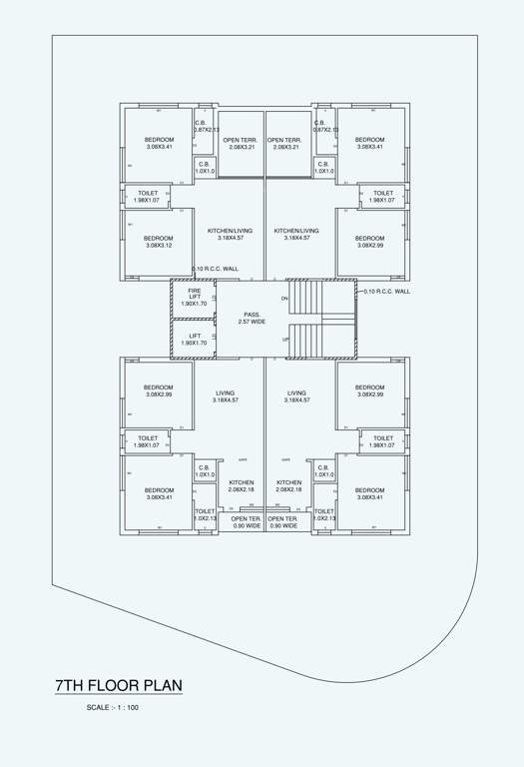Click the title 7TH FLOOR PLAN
tap(118, 685)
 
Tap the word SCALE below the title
tap(98, 708)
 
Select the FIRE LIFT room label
tap(195, 297)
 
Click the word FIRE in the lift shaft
tap(195, 291)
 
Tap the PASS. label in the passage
tap(252, 315)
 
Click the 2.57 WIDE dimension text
tap(252, 322)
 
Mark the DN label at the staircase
tap(284, 299)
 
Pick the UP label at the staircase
tap(285, 340)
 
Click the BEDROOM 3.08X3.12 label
tap(159, 242)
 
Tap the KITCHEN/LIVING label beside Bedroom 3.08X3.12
tap(230, 234)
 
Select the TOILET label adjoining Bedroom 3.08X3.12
tap(148, 197)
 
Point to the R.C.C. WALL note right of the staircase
tap(387, 292)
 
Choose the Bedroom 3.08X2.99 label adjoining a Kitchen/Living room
tap(369, 242)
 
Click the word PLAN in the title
tap(160, 685)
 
